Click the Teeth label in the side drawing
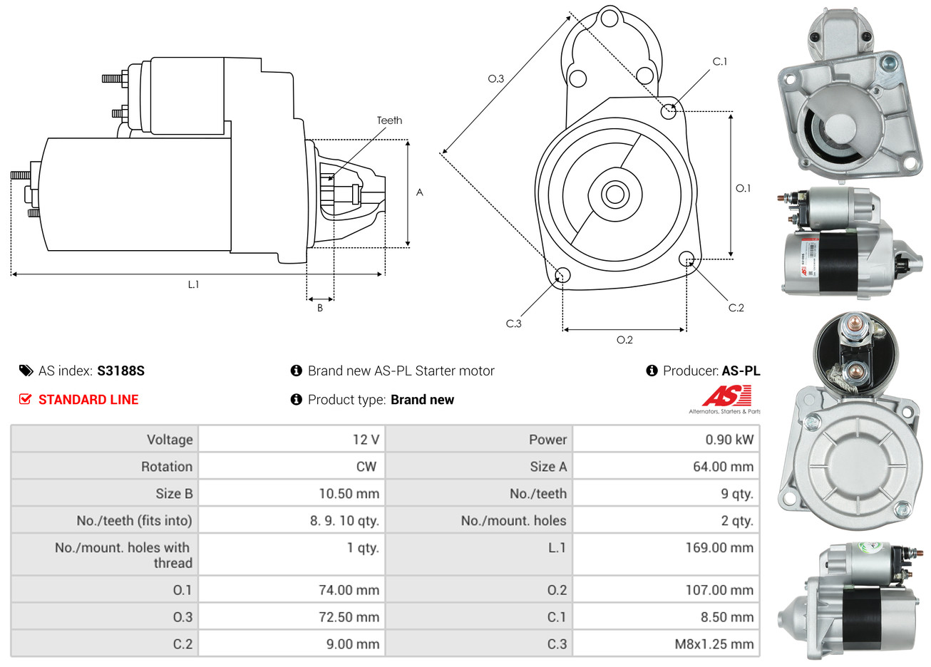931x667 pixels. click(389, 120)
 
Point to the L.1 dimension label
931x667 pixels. click(193, 284)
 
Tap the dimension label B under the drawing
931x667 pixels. click(320, 308)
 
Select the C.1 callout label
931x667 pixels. click(720, 62)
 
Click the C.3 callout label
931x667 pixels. click(513, 324)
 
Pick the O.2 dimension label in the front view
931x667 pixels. click(624, 340)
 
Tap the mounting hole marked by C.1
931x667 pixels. click(669, 111)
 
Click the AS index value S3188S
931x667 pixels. click(120, 371)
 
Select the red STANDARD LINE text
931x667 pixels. click(88, 400)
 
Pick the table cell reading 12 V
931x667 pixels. click(366, 440)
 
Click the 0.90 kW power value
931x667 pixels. click(729, 440)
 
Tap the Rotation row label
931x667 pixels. click(167, 467)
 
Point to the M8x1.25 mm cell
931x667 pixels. click(714, 644)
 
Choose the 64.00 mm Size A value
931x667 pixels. click(723, 467)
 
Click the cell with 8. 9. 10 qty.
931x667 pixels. click(344, 521)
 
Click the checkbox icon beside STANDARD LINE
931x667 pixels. click(26, 400)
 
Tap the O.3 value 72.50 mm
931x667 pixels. click(349, 617)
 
